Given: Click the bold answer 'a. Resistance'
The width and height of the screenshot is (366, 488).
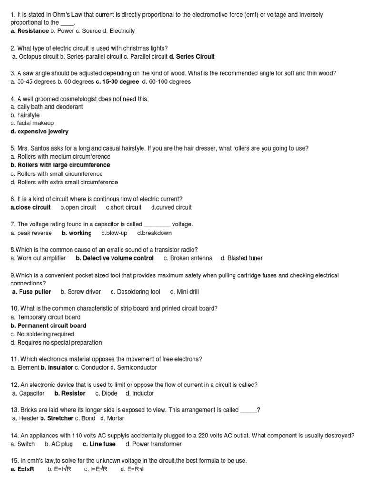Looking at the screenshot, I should [30, 31].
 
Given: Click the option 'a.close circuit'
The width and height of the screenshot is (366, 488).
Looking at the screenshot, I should [30, 207].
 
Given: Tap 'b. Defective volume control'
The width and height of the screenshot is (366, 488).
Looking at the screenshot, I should [114, 258].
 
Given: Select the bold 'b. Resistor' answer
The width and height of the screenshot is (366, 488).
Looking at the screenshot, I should [70, 393].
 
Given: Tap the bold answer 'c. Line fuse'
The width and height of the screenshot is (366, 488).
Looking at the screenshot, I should [99, 444].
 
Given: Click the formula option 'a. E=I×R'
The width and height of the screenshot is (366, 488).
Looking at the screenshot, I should [22, 469].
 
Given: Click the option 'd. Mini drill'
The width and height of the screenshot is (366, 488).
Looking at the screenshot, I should [184, 292].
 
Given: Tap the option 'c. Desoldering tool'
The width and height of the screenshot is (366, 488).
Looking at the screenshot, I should [135, 292].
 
